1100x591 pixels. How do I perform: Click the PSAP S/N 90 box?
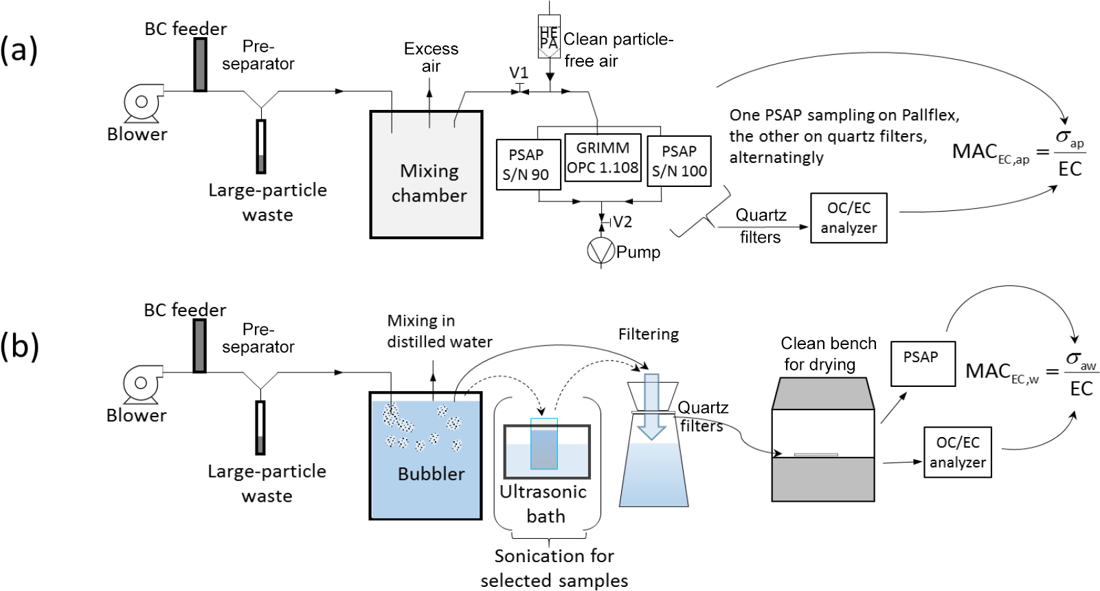(x=526, y=164)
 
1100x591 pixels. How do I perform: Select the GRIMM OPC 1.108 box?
(x=603, y=157)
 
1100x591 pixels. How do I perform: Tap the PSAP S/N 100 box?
(x=679, y=161)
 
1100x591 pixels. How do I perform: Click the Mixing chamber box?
(x=427, y=175)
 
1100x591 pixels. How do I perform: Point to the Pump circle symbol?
(x=600, y=251)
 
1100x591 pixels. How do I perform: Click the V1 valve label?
(x=519, y=73)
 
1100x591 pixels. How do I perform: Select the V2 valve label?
(x=622, y=222)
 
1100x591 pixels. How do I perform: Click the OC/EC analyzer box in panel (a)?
(x=849, y=218)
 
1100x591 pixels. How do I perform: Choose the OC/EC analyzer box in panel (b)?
(x=958, y=452)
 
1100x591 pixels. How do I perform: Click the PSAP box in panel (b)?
(x=923, y=364)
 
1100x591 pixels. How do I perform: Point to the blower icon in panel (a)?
(x=142, y=102)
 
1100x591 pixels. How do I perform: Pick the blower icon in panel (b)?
(x=142, y=383)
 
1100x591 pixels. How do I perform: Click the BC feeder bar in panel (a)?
(x=200, y=65)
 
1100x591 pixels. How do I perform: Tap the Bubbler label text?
(x=431, y=473)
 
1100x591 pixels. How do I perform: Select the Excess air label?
(x=431, y=58)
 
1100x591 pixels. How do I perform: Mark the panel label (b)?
(x=19, y=346)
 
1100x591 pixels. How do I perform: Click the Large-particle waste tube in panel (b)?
(x=260, y=427)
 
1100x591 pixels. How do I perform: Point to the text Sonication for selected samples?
(x=554, y=568)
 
